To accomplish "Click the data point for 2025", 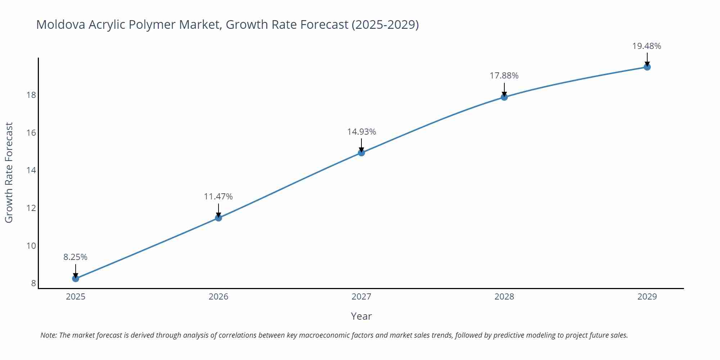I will click(76, 278).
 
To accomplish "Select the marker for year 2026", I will click(219, 218).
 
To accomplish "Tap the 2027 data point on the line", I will click(361, 153).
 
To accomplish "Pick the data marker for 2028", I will click(504, 97).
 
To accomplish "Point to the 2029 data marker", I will click(647, 67).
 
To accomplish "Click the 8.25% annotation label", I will click(76, 257).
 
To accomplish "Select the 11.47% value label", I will click(219, 197).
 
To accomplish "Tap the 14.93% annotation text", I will click(361, 132).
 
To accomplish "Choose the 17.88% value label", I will click(504, 76).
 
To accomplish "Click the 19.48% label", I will click(647, 46).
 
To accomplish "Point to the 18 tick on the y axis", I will click(31, 95).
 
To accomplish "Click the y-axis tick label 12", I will click(31, 208).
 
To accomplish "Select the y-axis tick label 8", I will click(33, 283).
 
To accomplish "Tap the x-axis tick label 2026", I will click(219, 297).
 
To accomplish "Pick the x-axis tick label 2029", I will click(647, 297).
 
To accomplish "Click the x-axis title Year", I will click(361, 316).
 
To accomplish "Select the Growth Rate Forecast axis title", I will click(9, 172).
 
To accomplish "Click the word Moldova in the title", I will click(60, 24).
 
